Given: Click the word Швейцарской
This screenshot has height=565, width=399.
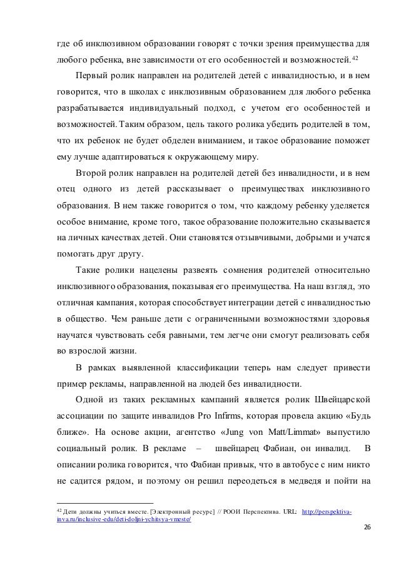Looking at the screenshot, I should [343, 398].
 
